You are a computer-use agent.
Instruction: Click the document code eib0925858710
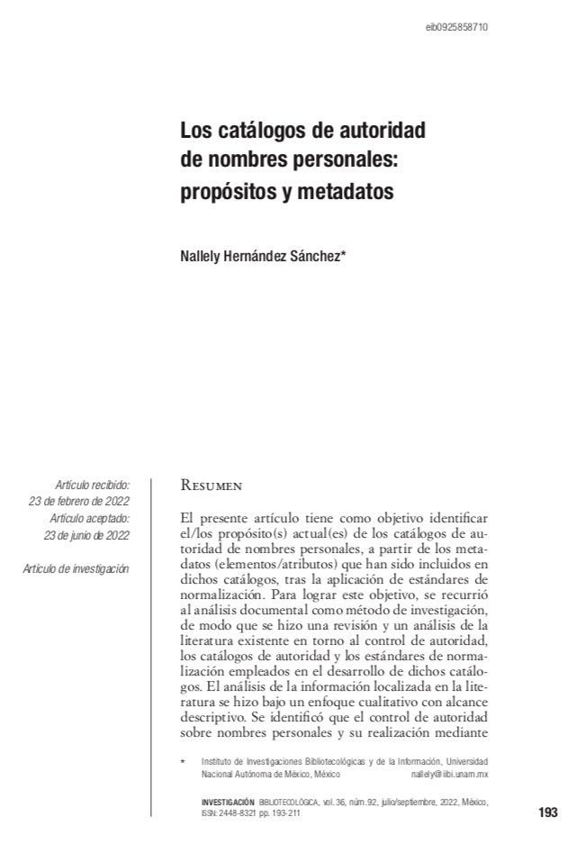pos(456,28)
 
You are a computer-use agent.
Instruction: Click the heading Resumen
pos(211,486)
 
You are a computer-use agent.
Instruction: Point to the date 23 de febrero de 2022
pos(79,502)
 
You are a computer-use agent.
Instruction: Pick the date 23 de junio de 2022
pos(86,535)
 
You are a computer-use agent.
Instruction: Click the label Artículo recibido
pos(92,485)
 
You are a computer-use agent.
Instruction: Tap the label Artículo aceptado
pos(90,519)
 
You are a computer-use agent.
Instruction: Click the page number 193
pos(547,812)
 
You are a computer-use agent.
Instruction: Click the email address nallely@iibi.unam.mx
pos(449,774)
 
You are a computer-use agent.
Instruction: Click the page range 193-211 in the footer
pos(285,812)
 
